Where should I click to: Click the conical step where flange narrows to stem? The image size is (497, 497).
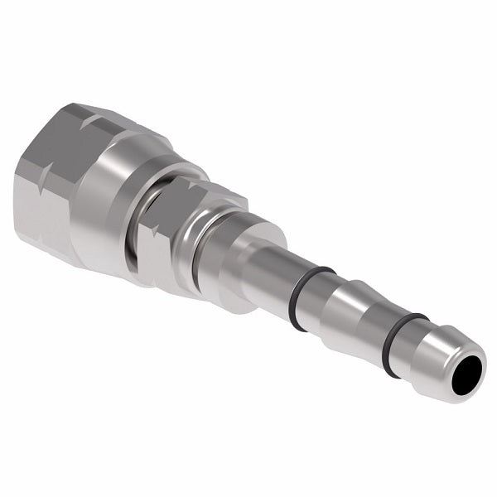pyautogui.click(x=240, y=265)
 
